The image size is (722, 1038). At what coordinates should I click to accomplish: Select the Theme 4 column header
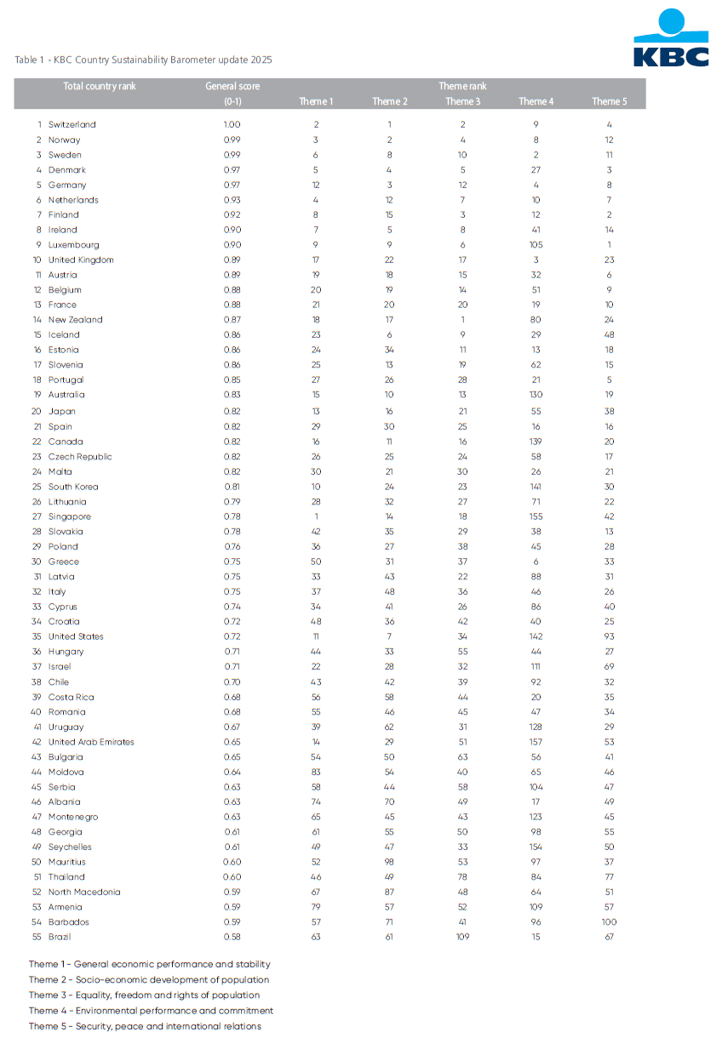pyautogui.click(x=536, y=102)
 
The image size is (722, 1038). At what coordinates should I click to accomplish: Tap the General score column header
pyautogui.click(x=232, y=87)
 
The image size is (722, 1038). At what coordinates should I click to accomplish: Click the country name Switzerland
pyautogui.click(x=72, y=124)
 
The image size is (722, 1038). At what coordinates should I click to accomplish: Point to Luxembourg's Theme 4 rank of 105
pyautogui.click(x=536, y=245)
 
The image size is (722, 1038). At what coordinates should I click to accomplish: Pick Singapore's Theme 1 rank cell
pyautogui.click(x=316, y=516)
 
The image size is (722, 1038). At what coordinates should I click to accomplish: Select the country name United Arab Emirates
pyautogui.click(x=91, y=742)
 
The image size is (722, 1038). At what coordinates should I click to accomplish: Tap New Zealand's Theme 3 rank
pyautogui.click(x=463, y=320)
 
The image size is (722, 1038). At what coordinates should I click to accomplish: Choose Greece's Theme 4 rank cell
pyautogui.click(x=536, y=562)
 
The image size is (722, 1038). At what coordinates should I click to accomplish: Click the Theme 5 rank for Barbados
pyautogui.click(x=609, y=922)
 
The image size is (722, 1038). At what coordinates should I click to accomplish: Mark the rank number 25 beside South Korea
pyautogui.click(x=37, y=487)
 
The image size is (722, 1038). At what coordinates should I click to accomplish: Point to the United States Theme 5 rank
pyautogui.click(x=609, y=636)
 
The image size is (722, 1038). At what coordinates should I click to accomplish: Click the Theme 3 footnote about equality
pyautogui.click(x=144, y=995)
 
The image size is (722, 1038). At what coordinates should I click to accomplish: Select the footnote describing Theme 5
pyautogui.click(x=145, y=1026)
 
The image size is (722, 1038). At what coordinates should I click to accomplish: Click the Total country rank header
pyautogui.click(x=100, y=87)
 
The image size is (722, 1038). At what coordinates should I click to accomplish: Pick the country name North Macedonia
pyautogui.click(x=84, y=892)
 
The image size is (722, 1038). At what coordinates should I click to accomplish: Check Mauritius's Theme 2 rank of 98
pyautogui.click(x=389, y=862)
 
